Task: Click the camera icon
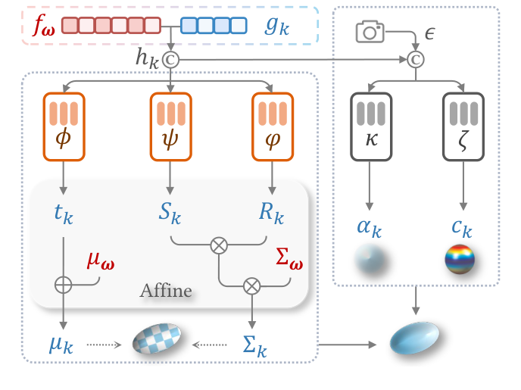click(x=370, y=32)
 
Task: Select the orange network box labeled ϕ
click(x=64, y=126)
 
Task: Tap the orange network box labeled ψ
click(x=170, y=126)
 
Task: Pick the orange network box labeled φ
click(x=271, y=126)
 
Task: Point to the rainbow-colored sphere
click(x=460, y=261)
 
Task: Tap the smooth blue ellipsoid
click(x=413, y=339)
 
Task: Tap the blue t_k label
click(x=64, y=214)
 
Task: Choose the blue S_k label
click(x=170, y=214)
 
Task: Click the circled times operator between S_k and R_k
click(x=219, y=245)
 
